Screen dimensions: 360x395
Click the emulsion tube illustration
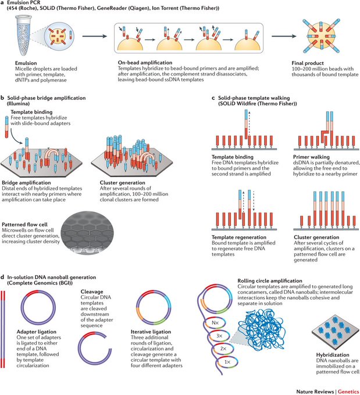point(23,35)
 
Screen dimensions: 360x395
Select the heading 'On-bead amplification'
point(145,63)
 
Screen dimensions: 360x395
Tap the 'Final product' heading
point(308,63)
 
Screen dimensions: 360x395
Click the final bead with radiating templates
point(320,36)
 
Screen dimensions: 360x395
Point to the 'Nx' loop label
point(215,323)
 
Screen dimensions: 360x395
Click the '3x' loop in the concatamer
point(219,336)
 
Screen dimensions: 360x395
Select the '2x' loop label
point(223,349)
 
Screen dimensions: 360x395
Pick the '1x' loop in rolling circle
point(227,362)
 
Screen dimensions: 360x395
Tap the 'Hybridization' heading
point(333,355)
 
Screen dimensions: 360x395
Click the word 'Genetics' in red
point(348,392)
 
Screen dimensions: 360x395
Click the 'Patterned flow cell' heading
point(24,224)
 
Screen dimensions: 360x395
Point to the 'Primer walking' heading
point(311,157)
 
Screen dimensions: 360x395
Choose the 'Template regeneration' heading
point(239,238)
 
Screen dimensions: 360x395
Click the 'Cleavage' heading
point(92,292)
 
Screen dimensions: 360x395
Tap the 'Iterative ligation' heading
point(151,332)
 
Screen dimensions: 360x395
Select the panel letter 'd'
point(2,277)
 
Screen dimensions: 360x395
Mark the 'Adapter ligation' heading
point(37,332)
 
